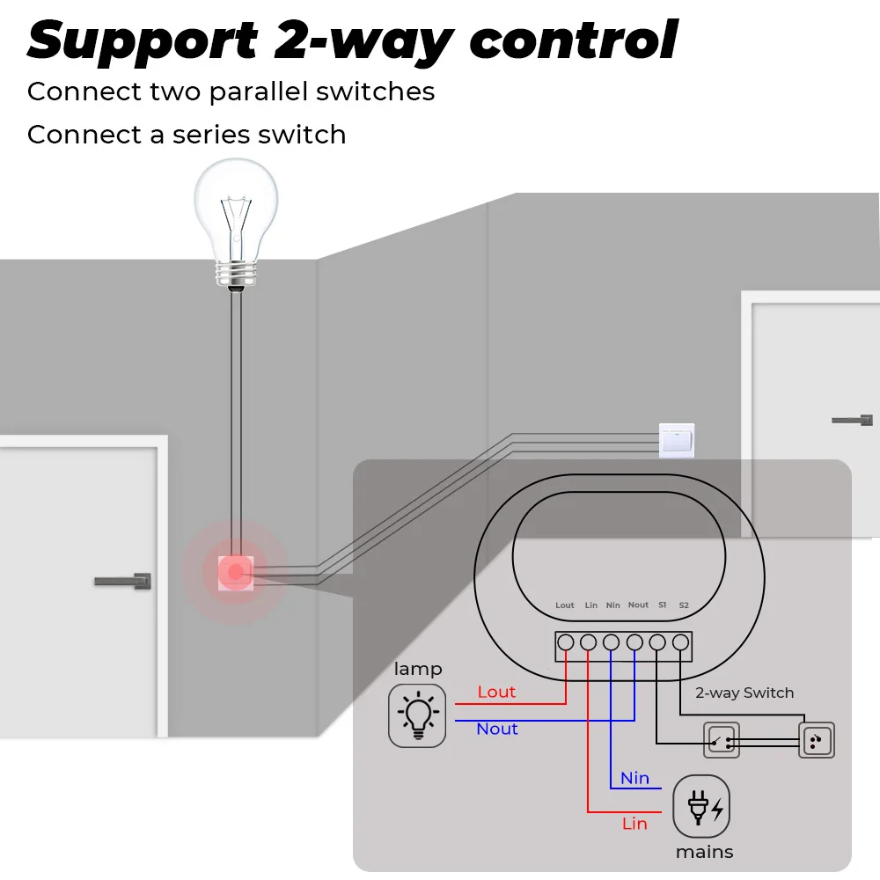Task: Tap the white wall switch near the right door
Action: [x=677, y=440]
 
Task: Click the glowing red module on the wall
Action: [x=235, y=573]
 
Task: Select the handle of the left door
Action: [x=123, y=581]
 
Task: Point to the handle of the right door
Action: [x=852, y=420]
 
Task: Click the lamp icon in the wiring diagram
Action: [x=417, y=716]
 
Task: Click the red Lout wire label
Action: [x=496, y=692]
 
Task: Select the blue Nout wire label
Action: [x=497, y=729]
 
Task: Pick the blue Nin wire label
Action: [x=634, y=778]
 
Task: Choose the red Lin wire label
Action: [x=634, y=824]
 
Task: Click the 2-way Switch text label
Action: [x=744, y=693]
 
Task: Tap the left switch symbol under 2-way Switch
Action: [x=721, y=741]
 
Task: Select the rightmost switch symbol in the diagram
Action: [x=816, y=741]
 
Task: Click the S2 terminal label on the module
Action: [x=684, y=605]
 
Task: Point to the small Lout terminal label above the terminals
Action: [x=565, y=605]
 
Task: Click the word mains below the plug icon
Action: [x=704, y=852]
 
